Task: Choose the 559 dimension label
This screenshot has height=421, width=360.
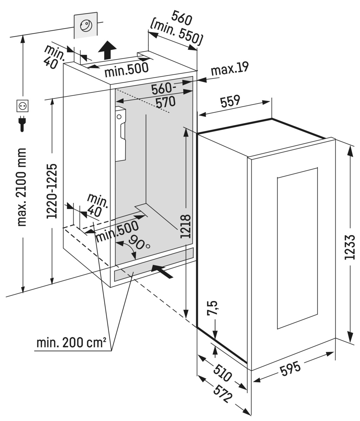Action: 230,101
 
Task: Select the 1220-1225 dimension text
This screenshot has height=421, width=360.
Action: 52,191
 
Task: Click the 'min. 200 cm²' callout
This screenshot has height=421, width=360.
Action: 71,343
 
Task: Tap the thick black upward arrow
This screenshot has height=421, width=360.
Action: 107,50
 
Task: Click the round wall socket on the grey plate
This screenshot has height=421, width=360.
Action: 86,26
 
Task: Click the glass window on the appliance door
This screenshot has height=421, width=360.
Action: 297,248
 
